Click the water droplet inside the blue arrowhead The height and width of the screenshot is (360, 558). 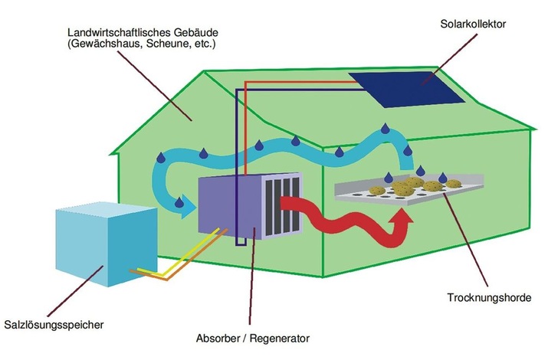[x=180, y=202]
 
